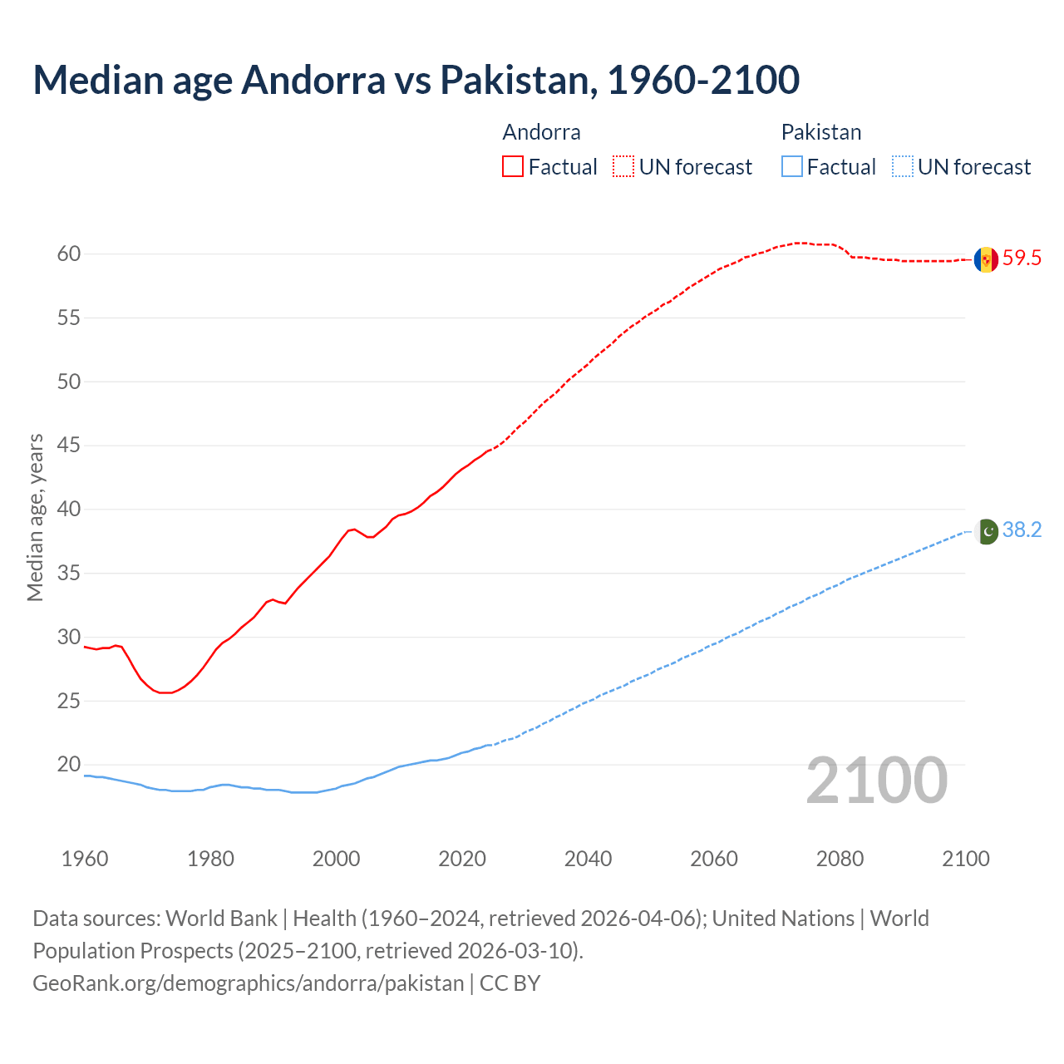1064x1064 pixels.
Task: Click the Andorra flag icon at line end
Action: click(x=986, y=259)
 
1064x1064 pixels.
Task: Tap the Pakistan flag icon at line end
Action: click(x=986, y=531)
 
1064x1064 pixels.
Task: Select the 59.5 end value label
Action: click(x=1022, y=259)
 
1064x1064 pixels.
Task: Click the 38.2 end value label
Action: click(x=1022, y=530)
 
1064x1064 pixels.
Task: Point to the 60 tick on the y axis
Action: click(x=69, y=254)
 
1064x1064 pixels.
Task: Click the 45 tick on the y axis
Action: click(x=69, y=446)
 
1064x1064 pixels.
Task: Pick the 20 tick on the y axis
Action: click(x=69, y=765)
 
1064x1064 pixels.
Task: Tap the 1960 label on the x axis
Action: click(x=85, y=859)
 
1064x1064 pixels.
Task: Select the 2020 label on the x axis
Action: click(x=462, y=859)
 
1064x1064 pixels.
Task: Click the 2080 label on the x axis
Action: click(x=840, y=859)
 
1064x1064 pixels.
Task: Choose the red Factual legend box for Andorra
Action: click(x=513, y=167)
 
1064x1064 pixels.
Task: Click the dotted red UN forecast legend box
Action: click(x=623, y=167)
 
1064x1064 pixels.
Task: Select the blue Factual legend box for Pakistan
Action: click(x=792, y=167)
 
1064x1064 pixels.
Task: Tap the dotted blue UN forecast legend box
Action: click(x=902, y=167)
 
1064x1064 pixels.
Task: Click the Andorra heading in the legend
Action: click(x=541, y=132)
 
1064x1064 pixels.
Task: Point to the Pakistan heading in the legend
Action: click(x=821, y=132)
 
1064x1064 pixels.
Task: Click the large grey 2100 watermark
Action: click(x=877, y=780)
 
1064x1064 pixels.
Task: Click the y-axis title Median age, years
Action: click(x=35, y=517)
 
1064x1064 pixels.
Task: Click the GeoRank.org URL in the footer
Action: click(x=248, y=983)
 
